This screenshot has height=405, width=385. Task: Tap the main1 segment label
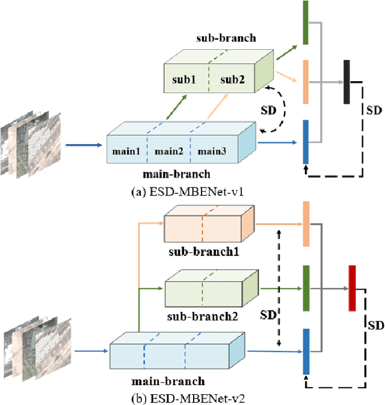126,151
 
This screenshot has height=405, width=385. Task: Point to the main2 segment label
168,151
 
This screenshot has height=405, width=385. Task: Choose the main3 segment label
212,151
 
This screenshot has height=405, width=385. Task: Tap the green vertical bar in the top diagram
306,22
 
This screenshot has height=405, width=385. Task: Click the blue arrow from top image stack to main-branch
84,145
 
